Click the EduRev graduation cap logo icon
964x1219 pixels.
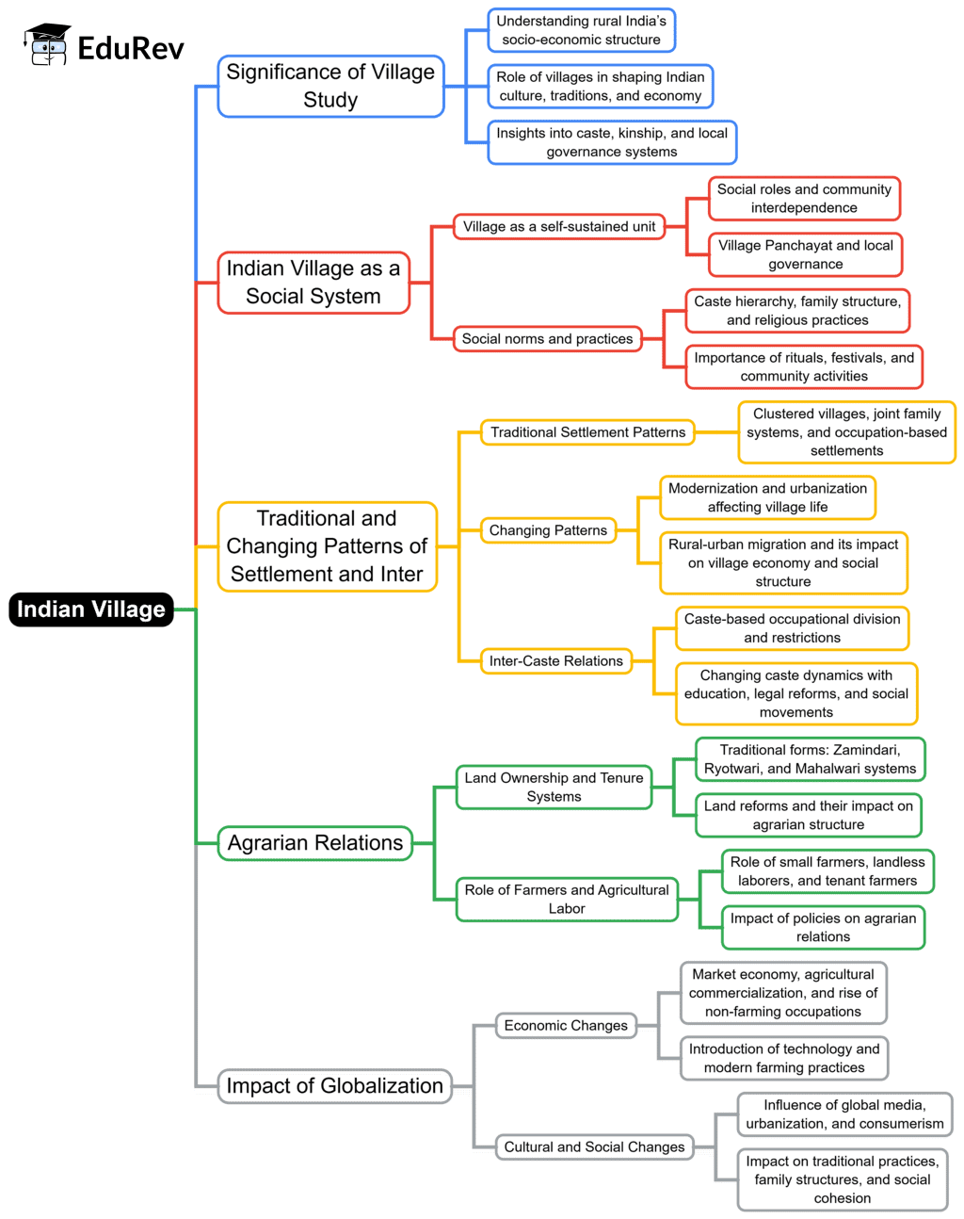(x=47, y=45)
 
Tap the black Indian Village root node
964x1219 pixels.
(x=91, y=609)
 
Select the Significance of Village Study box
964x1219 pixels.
(x=330, y=86)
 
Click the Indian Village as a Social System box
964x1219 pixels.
(x=313, y=283)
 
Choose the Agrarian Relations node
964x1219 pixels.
(x=315, y=843)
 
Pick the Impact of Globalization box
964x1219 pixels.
(x=334, y=1085)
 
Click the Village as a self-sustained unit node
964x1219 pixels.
(x=559, y=227)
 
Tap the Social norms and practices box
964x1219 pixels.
(x=547, y=339)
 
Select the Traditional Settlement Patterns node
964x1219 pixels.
(x=587, y=432)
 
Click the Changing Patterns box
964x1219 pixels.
(x=548, y=530)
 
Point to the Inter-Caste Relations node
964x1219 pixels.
(x=555, y=661)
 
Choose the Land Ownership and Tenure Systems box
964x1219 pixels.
(x=554, y=788)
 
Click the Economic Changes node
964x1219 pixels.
(x=566, y=1026)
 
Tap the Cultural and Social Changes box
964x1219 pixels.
(x=594, y=1147)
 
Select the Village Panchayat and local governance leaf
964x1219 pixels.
(x=806, y=255)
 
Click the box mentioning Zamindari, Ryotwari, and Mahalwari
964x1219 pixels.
(x=810, y=759)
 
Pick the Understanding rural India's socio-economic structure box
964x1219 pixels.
(x=581, y=30)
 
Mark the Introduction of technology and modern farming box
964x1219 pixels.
(x=784, y=1059)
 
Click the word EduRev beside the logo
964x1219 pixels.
(x=131, y=48)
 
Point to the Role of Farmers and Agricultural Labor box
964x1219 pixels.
(x=567, y=900)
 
